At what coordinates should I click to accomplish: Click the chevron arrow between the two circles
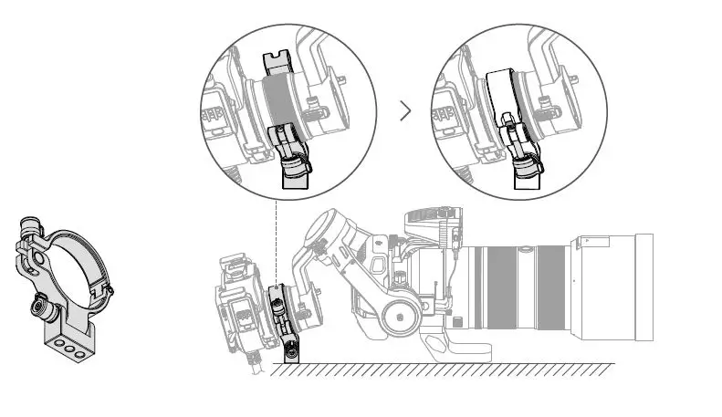click(406, 111)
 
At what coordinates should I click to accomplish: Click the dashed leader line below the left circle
click(275, 237)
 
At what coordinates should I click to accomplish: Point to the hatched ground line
click(438, 368)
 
